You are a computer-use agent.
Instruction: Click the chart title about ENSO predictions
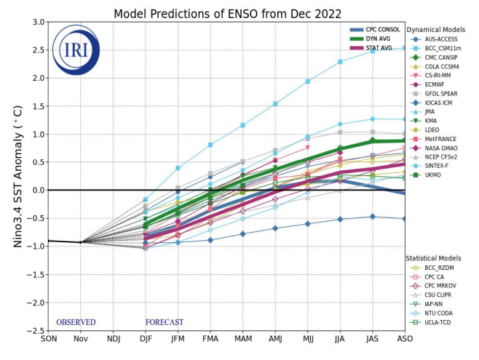coord(227,14)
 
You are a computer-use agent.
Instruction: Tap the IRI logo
coord(76,49)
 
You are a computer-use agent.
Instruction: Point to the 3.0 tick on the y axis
coord(36,22)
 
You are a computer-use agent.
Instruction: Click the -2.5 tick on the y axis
coord(34,331)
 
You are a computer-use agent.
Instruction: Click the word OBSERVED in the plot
coord(76,322)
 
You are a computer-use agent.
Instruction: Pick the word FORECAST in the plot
coord(164,322)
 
